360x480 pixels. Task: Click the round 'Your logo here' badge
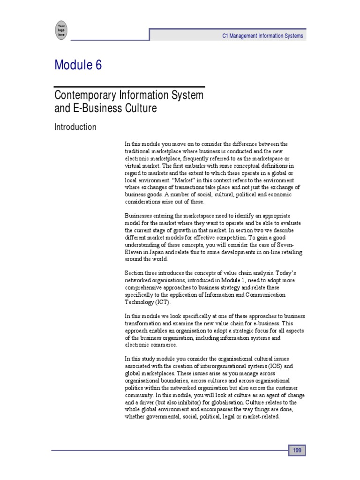coord(61,29)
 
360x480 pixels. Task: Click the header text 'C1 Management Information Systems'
coord(262,36)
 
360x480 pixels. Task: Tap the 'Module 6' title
coord(78,66)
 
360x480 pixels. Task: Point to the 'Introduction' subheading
coord(75,127)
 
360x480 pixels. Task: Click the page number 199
coord(297,450)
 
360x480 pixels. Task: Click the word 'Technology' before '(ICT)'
coord(137,302)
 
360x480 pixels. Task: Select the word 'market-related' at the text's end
coord(261,417)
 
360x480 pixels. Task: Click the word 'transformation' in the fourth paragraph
coord(141,323)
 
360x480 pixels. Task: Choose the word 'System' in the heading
coord(186,95)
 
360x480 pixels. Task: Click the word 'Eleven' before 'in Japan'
coord(134,252)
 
